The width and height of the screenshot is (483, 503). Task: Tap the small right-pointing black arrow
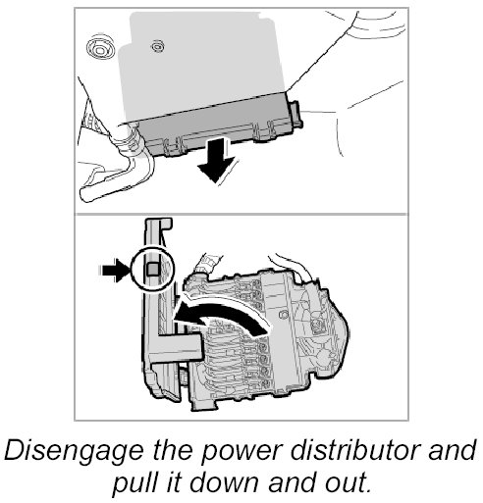[x=115, y=271]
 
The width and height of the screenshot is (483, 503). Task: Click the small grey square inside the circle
[x=152, y=270]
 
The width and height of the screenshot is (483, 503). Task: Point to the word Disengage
[x=74, y=451]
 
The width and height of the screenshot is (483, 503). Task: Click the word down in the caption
[x=230, y=482]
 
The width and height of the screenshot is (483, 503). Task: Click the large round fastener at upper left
[x=100, y=48]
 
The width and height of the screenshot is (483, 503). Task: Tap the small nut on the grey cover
[x=157, y=46]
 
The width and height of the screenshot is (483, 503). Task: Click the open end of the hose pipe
[x=87, y=194]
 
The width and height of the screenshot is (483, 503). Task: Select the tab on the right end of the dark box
[x=295, y=114]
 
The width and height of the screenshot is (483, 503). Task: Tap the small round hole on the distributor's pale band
[x=282, y=315]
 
